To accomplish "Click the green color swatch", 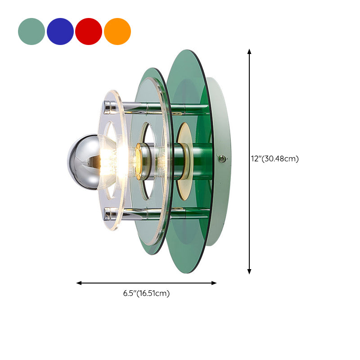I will coord(31,31).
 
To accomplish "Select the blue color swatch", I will coord(60,31).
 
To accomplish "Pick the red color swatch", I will coord(89,31).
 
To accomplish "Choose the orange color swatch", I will coord(117,31).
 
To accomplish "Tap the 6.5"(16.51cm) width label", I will coord(146,293).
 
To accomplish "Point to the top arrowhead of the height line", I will coord(249,52).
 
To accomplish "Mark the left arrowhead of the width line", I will coord(79,283).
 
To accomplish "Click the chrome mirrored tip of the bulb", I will coord(76,155).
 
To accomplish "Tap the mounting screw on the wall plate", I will coord(221,158).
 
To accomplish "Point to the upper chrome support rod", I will coord(148,107).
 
